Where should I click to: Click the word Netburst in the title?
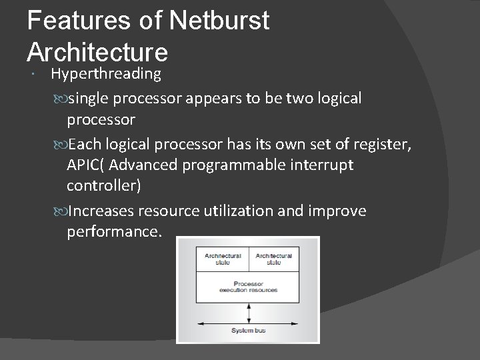[x=219, y=20]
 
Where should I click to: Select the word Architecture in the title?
[x=97, y=51]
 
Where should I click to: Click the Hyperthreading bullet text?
[x=106, y=73]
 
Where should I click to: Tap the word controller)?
[x=103, y=186]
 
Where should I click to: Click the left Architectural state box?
[x=223, y=259]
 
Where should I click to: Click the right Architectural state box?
[x=273, y=259]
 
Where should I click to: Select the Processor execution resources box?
[x=248, y=287]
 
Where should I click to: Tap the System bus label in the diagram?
[x=248, y=331]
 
